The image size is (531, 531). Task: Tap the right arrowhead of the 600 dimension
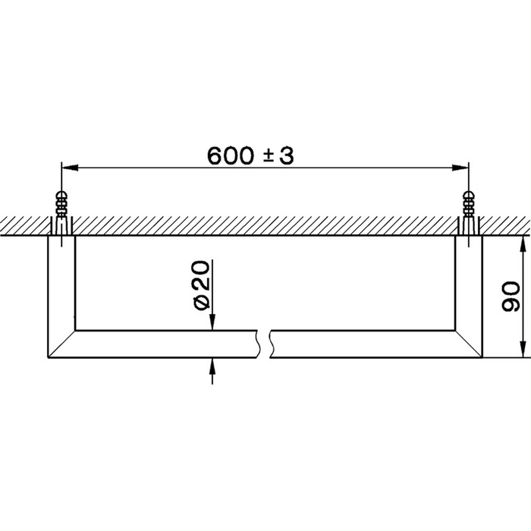(x=463, y=168)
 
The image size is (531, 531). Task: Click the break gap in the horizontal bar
(x=267, y=344)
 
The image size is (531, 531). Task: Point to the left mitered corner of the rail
(x=61, y=344)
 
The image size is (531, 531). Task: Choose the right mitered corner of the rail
(x=469, y=344)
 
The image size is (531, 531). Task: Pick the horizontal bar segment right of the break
(x=364, y=344)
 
